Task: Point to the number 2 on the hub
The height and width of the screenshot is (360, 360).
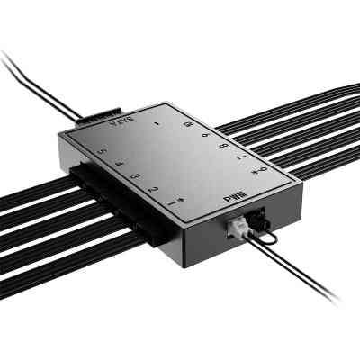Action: (x=157, y=188)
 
